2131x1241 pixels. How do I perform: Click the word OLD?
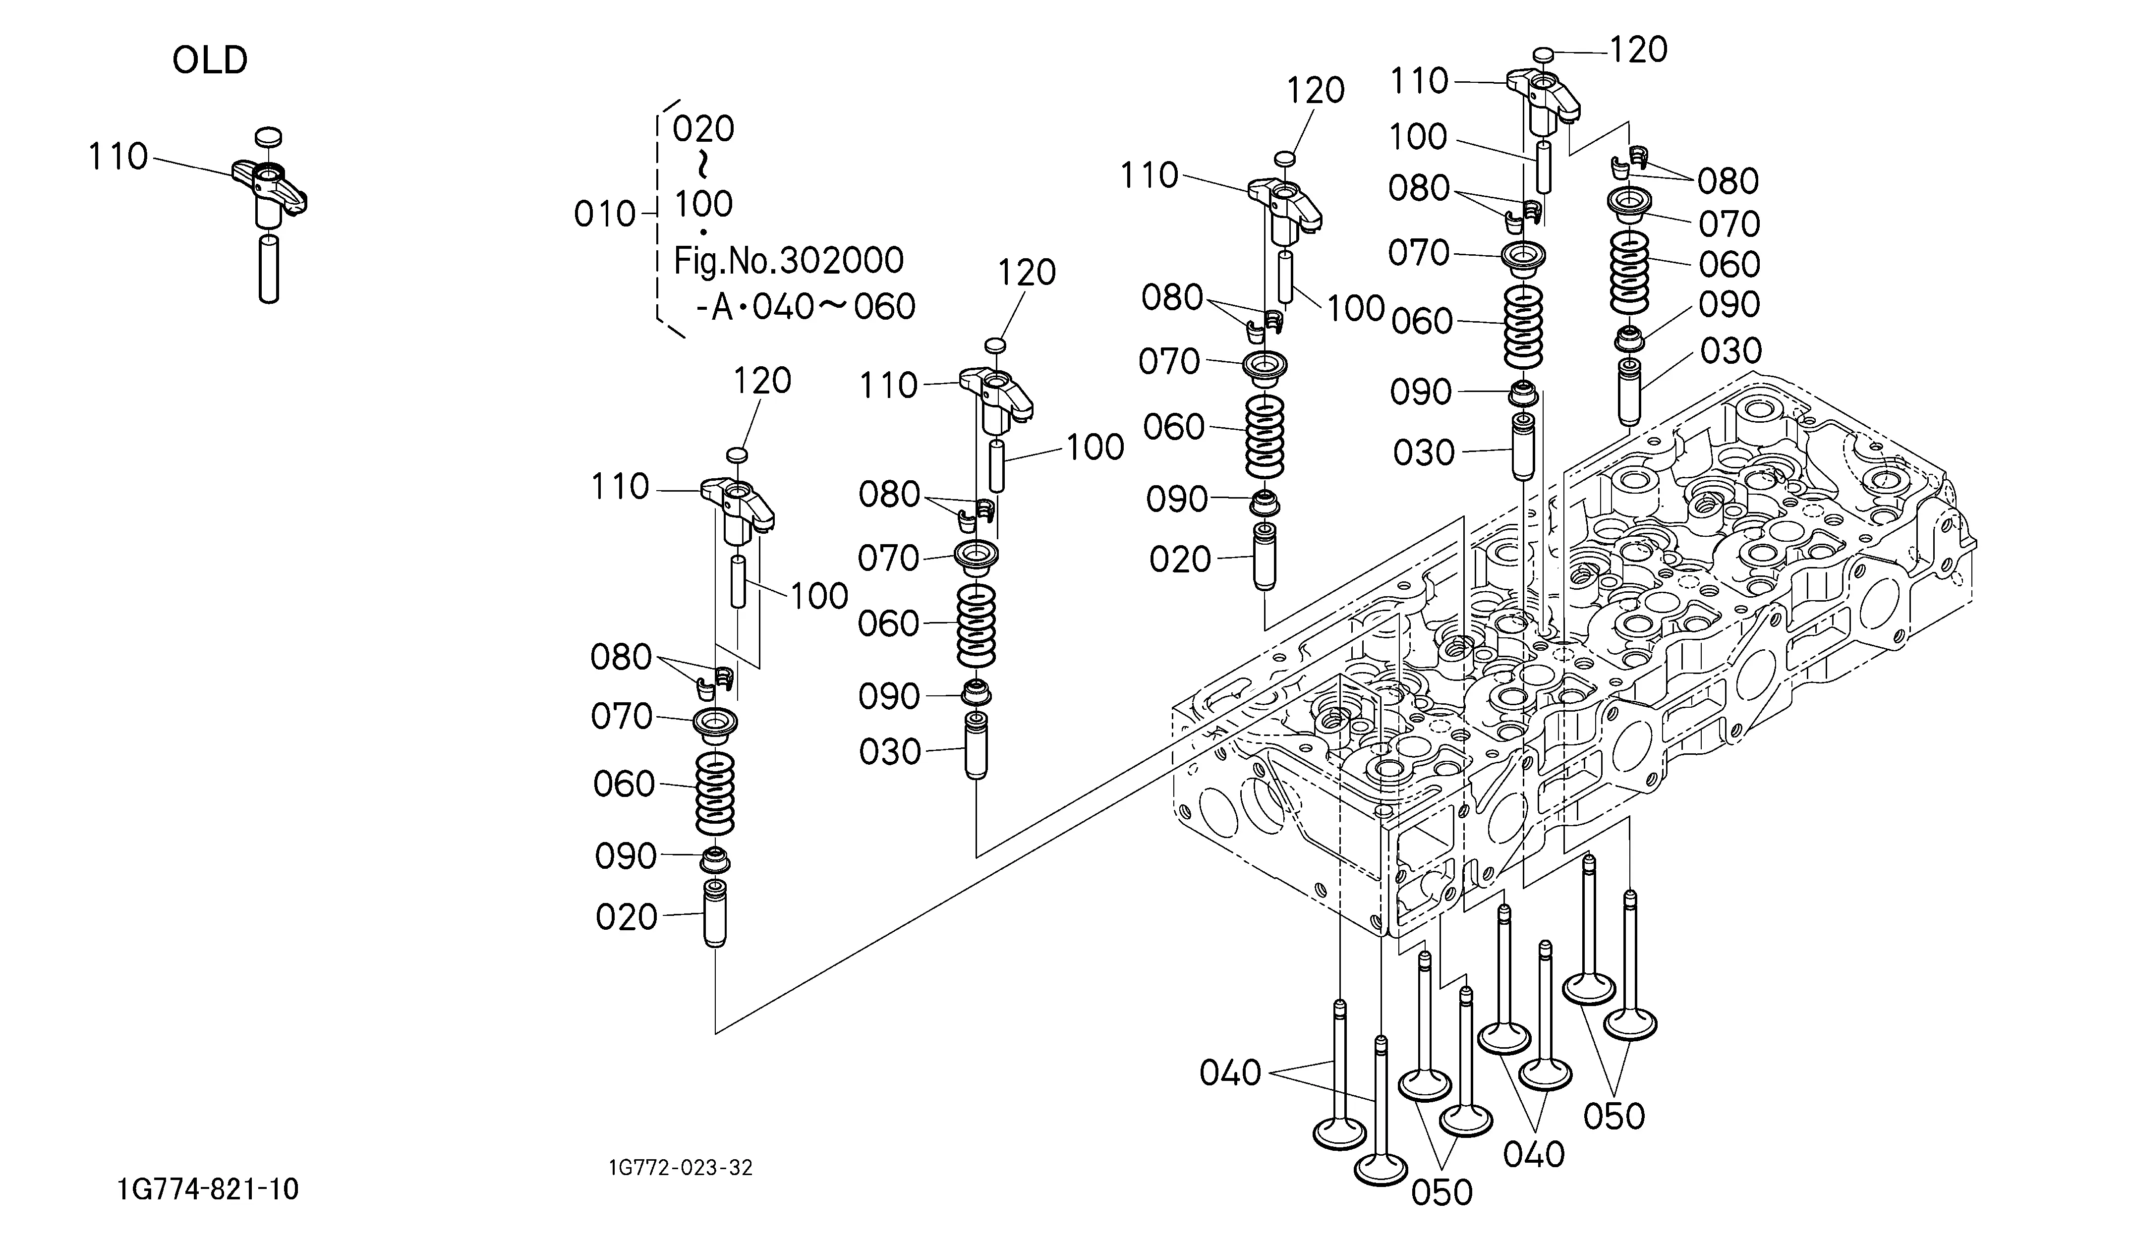[x=210, y=61]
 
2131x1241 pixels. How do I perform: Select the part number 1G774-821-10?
[x=208, y=1189]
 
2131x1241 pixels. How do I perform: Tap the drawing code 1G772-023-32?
[x=680, y=1168]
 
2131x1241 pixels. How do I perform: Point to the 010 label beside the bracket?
[x=605, y=215]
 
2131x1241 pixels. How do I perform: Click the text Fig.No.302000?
[x=788, y=260]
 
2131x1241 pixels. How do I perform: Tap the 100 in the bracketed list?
[x=703, y=204]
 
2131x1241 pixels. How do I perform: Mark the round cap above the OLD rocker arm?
[x=268, y=136]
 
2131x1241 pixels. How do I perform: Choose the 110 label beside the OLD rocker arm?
[x=118, y=157]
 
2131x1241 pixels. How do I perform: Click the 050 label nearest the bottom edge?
[x=1442, y=1192]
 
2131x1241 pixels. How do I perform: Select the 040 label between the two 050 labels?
[x=1533, y=1154]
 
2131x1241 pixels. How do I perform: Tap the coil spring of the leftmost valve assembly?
[x=715, y=793]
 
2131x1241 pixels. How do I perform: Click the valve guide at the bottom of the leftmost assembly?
[x=715, y=915]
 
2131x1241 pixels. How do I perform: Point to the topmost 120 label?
[x=1637, y=51]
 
